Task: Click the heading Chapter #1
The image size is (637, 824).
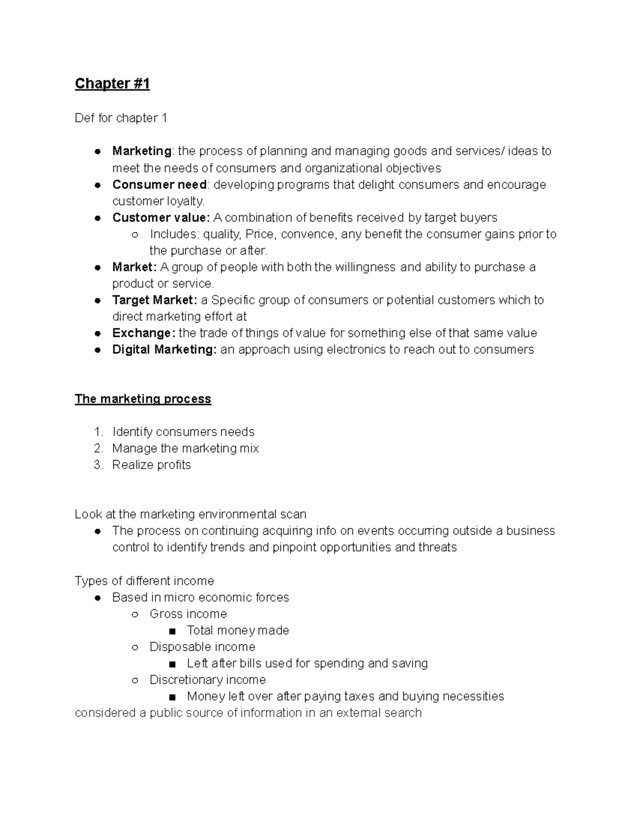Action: [112, 84]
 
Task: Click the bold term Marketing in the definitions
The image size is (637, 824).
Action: [142, 151]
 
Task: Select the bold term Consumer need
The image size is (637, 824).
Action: [159, 185]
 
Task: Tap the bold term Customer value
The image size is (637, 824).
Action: [161, 218]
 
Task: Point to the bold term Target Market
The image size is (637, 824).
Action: [154, 300]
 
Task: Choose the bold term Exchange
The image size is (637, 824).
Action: [143, 333]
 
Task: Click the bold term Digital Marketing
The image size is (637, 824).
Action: [164, 350]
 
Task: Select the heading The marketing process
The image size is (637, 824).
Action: [143, 399]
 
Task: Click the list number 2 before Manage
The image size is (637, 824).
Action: [98, 448]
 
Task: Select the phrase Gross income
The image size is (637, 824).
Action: [188, 614]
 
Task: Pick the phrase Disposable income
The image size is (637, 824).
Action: [202, 647]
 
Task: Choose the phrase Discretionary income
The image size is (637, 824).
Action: [208, 680]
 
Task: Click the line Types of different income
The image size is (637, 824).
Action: [144, 581]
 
